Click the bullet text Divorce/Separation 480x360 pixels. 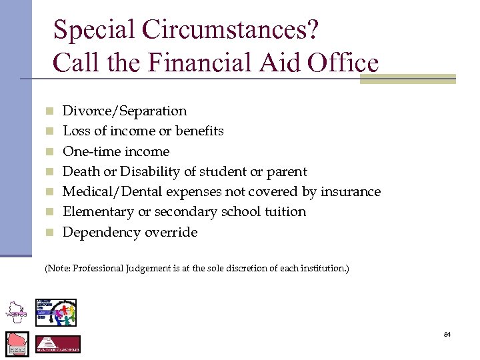(124, 111)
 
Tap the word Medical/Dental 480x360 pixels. (109, 192)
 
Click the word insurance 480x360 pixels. (351, 192)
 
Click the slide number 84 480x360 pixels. (447, 334)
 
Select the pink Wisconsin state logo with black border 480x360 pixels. (17, 343)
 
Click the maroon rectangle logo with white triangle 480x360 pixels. (57, 344)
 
